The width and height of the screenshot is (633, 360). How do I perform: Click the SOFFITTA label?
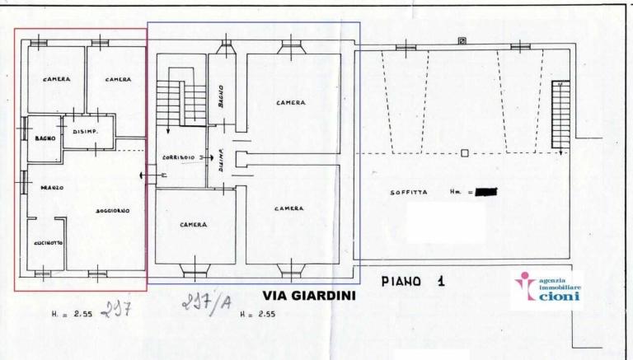408,193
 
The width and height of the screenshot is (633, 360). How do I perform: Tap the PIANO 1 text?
414,282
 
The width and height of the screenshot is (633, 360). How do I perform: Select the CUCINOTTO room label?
47,242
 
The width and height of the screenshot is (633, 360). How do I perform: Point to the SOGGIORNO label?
112,212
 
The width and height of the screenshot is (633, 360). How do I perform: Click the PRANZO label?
51,188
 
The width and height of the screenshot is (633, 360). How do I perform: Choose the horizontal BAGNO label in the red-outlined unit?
45,138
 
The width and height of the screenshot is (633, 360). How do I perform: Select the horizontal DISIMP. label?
87,132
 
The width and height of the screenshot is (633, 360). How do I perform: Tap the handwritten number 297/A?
202,306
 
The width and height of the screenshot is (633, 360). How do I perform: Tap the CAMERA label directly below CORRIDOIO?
193,224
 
